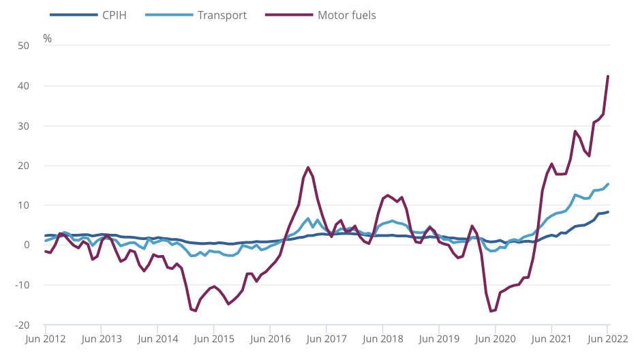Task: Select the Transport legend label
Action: coord(222,14)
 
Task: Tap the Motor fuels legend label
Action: coord(346,14)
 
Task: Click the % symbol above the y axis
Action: coord(47,38)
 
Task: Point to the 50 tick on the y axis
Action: coord(24,46)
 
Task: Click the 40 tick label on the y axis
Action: coord(24,86)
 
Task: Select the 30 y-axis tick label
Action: coord(24,126)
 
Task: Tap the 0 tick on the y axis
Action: coord(27,245)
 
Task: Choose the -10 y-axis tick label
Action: coord(22,285)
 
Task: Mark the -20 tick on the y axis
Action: coord(22,325)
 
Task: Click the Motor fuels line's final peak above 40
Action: coord(608,76)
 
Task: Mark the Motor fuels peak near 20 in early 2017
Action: coord(308,167)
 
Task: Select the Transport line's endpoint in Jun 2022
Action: coord(608,184)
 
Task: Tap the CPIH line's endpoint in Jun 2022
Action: coord(608,212)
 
